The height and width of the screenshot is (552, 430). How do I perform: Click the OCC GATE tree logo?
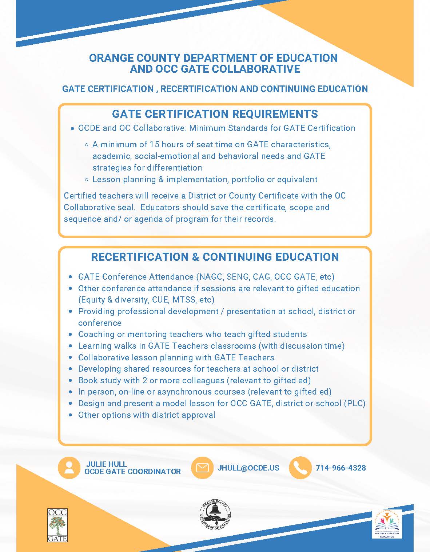[x=57, y=525]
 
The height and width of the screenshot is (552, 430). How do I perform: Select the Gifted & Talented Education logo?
[x=387, y=524]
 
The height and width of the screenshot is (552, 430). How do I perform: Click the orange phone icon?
[x=300, y=468]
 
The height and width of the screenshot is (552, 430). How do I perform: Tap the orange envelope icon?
[x=202, y=468]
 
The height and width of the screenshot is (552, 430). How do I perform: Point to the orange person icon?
[x=69, y=468]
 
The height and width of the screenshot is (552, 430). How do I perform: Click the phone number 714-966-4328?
[x=341, y=468]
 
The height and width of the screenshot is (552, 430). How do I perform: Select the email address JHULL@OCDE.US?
[x=248, y=468]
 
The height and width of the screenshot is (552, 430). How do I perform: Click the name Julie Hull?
[x=107, y=464]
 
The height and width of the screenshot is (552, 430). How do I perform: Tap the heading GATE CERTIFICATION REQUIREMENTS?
[x=215, y=114]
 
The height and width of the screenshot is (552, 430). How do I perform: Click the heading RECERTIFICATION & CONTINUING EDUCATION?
[x=215, y=257]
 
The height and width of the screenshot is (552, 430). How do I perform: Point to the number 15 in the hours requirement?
[x=154, y=144]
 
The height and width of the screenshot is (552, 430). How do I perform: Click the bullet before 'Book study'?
[x=71, y=381]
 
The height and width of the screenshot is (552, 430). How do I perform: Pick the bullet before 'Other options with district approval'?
[x=71, y=415]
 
